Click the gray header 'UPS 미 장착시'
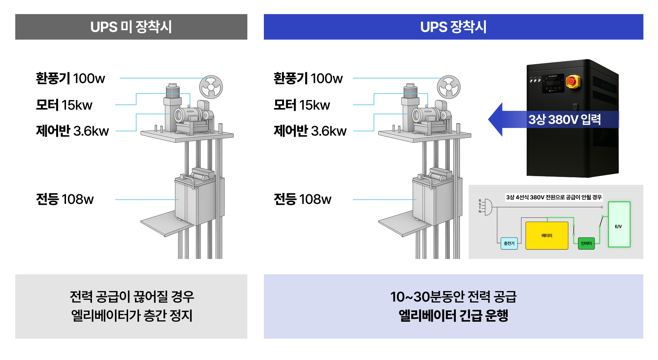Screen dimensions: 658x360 [x=131, y=27]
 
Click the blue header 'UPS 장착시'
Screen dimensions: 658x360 [x=453, y=27]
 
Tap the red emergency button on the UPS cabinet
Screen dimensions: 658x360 [x=572, y=81]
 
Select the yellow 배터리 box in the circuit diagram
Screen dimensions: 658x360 [x=547, y=236]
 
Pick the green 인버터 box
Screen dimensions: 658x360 [x=586, y=243]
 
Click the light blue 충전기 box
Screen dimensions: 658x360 [x=509, y=243]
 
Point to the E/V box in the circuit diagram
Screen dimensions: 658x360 [x=619, y=225]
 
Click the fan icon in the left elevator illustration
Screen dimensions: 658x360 [x=211, y=87]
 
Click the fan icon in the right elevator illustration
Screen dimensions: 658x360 [x=449, y=87]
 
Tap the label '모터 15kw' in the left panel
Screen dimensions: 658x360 [x=64, y=105]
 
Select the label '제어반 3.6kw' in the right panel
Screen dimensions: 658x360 [x=310, y=131]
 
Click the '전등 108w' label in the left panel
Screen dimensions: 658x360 [x=65, y=199]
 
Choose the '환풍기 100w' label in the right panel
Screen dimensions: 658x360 [x=308, y=78]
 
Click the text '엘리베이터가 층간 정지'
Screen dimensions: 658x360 [x=131, y=316]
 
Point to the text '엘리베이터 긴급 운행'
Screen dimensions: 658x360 [x=453, y=316]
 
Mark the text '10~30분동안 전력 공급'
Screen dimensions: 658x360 [x=453, y=297]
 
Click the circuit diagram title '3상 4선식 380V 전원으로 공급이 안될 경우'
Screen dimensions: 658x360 [x=554, y=197]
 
